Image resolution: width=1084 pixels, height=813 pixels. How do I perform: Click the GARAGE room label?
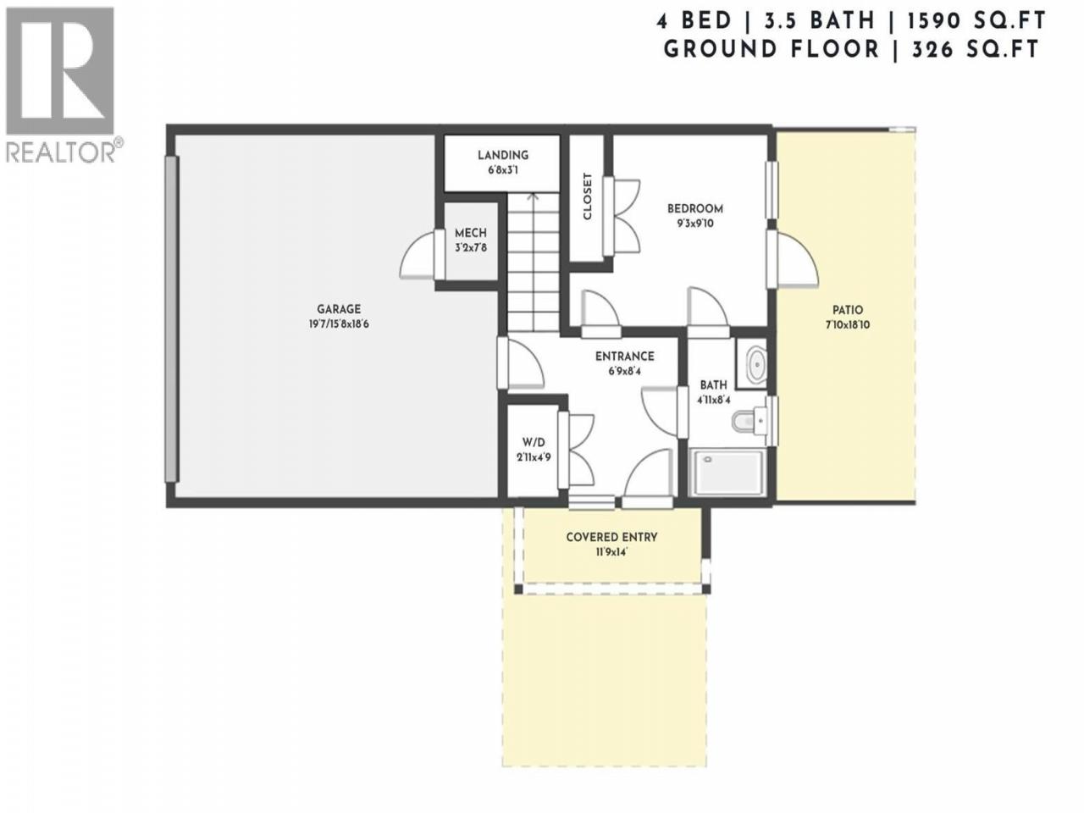[x=338, y=309]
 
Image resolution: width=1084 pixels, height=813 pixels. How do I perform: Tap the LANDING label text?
[x=503, y=155]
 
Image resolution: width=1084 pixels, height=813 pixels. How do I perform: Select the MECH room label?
[x=471, y=233]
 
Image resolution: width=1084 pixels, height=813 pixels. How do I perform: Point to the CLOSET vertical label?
[x=587, y=196]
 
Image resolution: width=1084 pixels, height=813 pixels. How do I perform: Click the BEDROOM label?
[x=694, y=208]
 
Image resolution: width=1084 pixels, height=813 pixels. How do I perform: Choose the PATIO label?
[x=848, y=310]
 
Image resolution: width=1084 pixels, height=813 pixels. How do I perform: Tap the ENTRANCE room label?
[x=625, y=356]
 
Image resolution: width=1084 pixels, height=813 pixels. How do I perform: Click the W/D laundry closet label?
[x=534, y=442]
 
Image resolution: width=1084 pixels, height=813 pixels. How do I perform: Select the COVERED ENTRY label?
[x=611, y=537]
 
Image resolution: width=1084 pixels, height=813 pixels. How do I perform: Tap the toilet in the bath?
[x=747, y=421]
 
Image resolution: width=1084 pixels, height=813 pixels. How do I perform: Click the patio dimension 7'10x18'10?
[x=848, y=325]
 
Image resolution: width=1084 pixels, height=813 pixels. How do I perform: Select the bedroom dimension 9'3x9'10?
[x=694, y=223]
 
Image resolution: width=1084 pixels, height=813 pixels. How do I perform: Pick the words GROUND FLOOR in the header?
[x=771, y=49]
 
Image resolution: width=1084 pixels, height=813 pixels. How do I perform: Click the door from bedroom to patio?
[x=792, y=259]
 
